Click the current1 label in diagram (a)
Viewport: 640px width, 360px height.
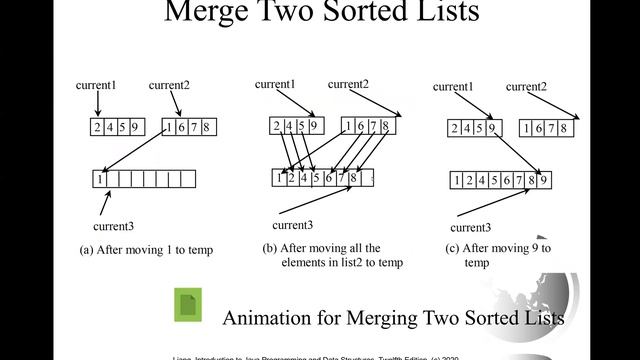coord(97,85)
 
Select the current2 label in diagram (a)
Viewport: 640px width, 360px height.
coord(169,85)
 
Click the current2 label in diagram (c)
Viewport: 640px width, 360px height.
coord(526,86)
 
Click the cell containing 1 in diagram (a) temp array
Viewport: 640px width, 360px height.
coord(100,179)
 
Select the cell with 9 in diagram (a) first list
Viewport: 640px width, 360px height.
coord(135,126)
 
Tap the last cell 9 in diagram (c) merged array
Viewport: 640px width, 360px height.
coord(544,181)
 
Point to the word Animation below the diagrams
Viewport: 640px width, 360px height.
coord(267,318)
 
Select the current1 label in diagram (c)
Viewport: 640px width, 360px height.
coord(454,86)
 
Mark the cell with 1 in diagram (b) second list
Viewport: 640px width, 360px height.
coord(348,126)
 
